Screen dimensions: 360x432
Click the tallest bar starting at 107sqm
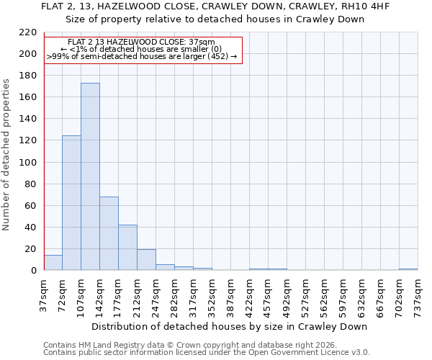coord(90,176)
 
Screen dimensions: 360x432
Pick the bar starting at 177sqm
coord(127,248)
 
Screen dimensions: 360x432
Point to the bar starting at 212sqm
coord(146,260)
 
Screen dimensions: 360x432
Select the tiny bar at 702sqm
coord(408,269)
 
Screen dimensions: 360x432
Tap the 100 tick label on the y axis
coord(27,163)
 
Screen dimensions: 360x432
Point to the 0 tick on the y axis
coord(33,271)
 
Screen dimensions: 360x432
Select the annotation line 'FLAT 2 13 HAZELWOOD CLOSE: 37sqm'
coord(141,42)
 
